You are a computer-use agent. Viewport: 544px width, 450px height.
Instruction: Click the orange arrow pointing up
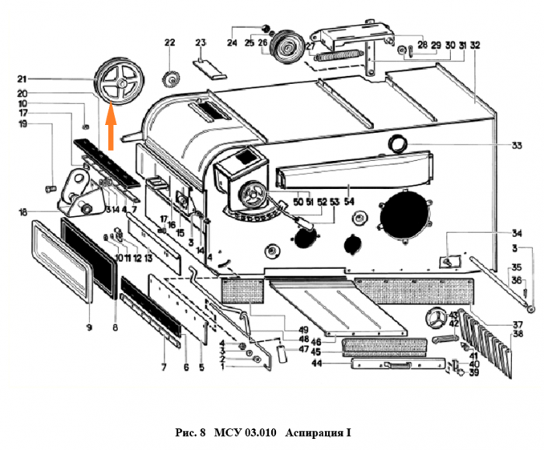pyautogui.click(x=110, y=126)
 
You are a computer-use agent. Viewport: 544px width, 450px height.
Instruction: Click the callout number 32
pyautogui.click(x=475, y=45)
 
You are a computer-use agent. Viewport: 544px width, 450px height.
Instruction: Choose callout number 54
pyautogui.click(x=348, y=203)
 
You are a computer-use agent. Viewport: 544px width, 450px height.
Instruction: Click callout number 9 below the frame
pyautogui.click(x=89, y=328)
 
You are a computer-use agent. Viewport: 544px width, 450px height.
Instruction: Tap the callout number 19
pyautogui.click(x=45, y=124)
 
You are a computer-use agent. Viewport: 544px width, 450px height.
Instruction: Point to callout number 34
pyautogui.click(x=495, y=233)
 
